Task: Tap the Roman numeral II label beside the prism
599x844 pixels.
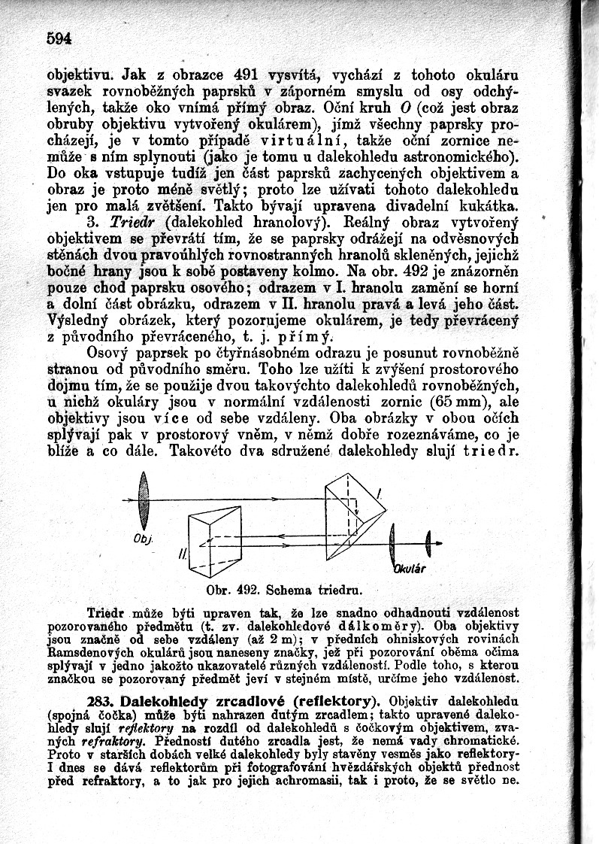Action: [x=180, y=554]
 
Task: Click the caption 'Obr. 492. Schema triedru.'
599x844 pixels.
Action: [x=283, y=587]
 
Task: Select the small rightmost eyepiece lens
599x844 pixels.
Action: [x=428, y=539]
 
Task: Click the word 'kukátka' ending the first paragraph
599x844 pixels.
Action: [x=489, y=205]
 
